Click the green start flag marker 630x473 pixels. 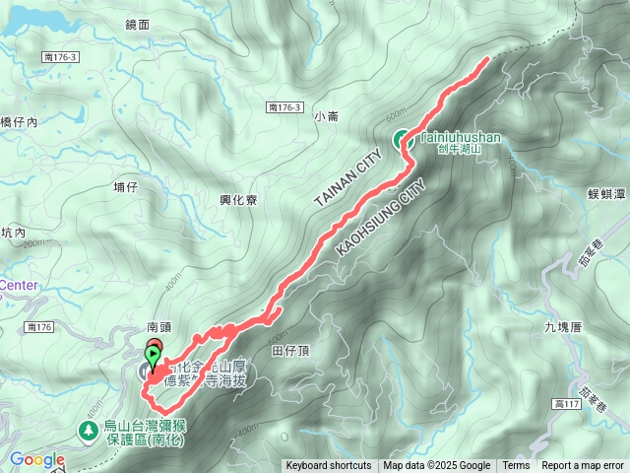coord(154,352)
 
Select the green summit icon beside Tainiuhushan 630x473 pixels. coord(404,140)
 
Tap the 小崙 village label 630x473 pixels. coord(326,116)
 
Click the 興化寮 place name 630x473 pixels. coord(238,199)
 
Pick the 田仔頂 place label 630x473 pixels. coord(290,350)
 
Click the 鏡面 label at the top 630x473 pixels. coord(139,24)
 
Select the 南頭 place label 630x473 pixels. coord(159,325)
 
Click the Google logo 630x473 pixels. coord(37,459)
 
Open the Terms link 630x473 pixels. coord(516,466)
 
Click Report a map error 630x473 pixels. coord(583,466)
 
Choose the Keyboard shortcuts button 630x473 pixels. coord(329,466)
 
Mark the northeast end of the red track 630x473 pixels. coord(487,61)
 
